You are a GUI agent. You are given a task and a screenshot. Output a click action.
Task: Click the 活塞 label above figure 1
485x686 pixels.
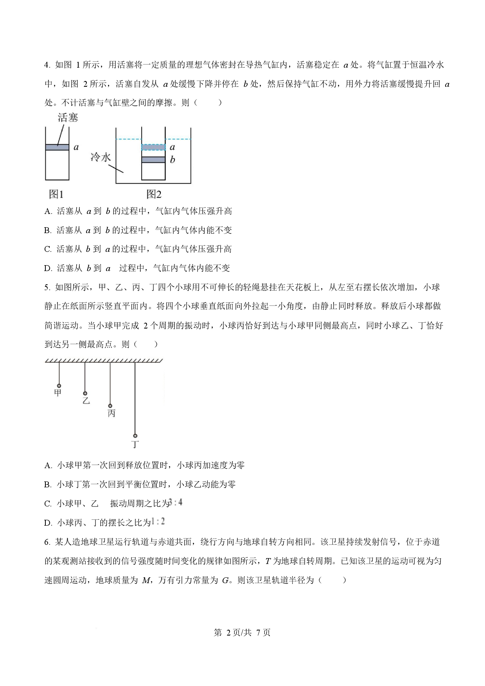point(68,118)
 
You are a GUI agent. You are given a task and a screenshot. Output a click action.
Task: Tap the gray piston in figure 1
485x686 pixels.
point(57,147)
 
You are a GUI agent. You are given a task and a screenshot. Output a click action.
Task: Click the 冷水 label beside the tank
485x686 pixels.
point(101,157)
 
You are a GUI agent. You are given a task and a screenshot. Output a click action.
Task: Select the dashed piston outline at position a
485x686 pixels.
point(153,147)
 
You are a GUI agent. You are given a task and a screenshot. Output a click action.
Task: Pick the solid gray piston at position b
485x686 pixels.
point(153,160)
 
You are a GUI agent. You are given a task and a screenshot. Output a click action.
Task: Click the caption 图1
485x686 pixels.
point(56,194)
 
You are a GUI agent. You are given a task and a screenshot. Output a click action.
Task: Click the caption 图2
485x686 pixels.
point(154,194)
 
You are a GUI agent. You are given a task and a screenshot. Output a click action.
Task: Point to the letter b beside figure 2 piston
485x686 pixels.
point(172,160)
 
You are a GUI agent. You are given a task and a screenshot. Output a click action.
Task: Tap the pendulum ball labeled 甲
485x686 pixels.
point(59,386)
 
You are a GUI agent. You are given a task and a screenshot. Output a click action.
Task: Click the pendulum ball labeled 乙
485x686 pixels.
point(85,394)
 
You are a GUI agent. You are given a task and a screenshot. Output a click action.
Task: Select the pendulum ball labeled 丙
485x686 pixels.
point(110,406)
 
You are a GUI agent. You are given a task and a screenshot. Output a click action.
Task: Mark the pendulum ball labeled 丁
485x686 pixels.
point(135,436)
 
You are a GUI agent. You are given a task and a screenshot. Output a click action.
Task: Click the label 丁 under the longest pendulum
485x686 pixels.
point(135,444)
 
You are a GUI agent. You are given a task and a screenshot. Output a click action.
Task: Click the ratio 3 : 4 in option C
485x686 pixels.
point(176,502)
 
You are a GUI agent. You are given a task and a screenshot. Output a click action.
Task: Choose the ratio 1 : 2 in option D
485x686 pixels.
point(158,521)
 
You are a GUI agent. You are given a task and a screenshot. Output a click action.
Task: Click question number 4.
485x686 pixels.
point(47,65)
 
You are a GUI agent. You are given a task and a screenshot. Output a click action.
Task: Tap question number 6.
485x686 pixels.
point(47,542)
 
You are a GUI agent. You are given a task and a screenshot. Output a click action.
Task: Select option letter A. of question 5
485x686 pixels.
point(48,465)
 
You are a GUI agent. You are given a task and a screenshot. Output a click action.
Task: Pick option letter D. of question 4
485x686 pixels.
point(48,268)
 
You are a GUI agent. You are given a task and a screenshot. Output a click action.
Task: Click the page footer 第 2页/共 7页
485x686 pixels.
point(242,632)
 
